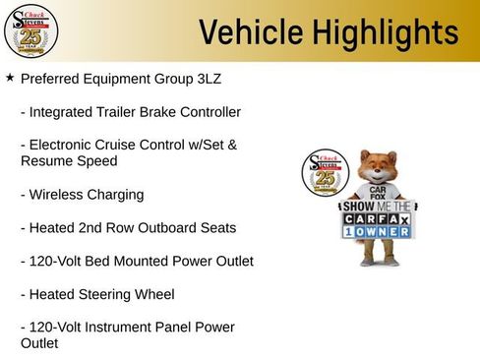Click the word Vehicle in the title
coord(246,32)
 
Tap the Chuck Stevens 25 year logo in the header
coord(30,31)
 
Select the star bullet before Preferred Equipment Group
coord(10,76)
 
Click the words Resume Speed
coord(69,159)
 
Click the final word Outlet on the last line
coord(39,343)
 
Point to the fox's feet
coord(374,262)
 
